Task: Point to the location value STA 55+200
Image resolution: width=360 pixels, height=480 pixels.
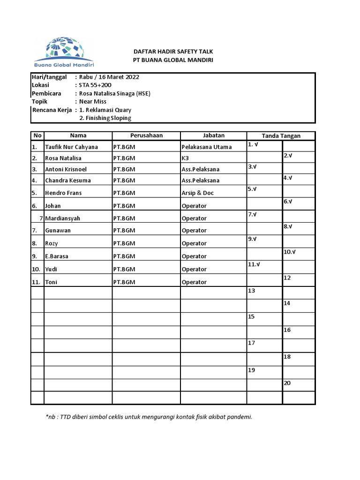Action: pos(95,85)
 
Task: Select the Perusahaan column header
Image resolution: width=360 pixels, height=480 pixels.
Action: pos(146,135)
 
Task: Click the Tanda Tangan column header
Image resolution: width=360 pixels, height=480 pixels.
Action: pos(281,136)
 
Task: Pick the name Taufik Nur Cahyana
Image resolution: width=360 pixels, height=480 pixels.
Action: pos(71,147)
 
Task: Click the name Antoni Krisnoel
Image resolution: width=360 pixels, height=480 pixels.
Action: pos(66,169)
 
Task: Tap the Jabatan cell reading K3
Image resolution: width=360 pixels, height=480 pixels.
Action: pos(185,158)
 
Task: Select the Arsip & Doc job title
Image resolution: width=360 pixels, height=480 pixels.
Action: pos(197,193)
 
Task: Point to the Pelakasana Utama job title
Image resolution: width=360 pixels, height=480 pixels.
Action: pos(206,147)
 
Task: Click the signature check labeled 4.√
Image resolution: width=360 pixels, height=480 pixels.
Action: pos(288,178)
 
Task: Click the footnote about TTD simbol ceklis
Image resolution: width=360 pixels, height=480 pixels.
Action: pos(149,417)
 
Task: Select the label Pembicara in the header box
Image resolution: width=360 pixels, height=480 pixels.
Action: pos(46,93)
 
